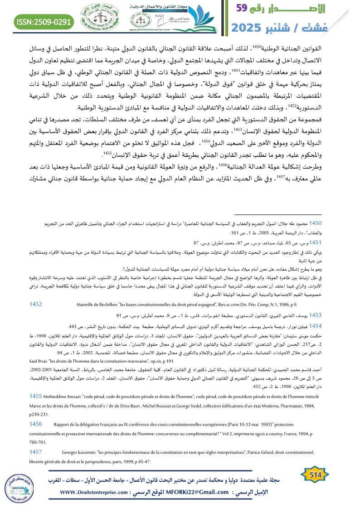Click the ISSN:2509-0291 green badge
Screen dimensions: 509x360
pos(44,21)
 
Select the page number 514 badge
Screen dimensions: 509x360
pos(315,474)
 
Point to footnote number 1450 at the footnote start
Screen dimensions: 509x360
pos(315,223)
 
